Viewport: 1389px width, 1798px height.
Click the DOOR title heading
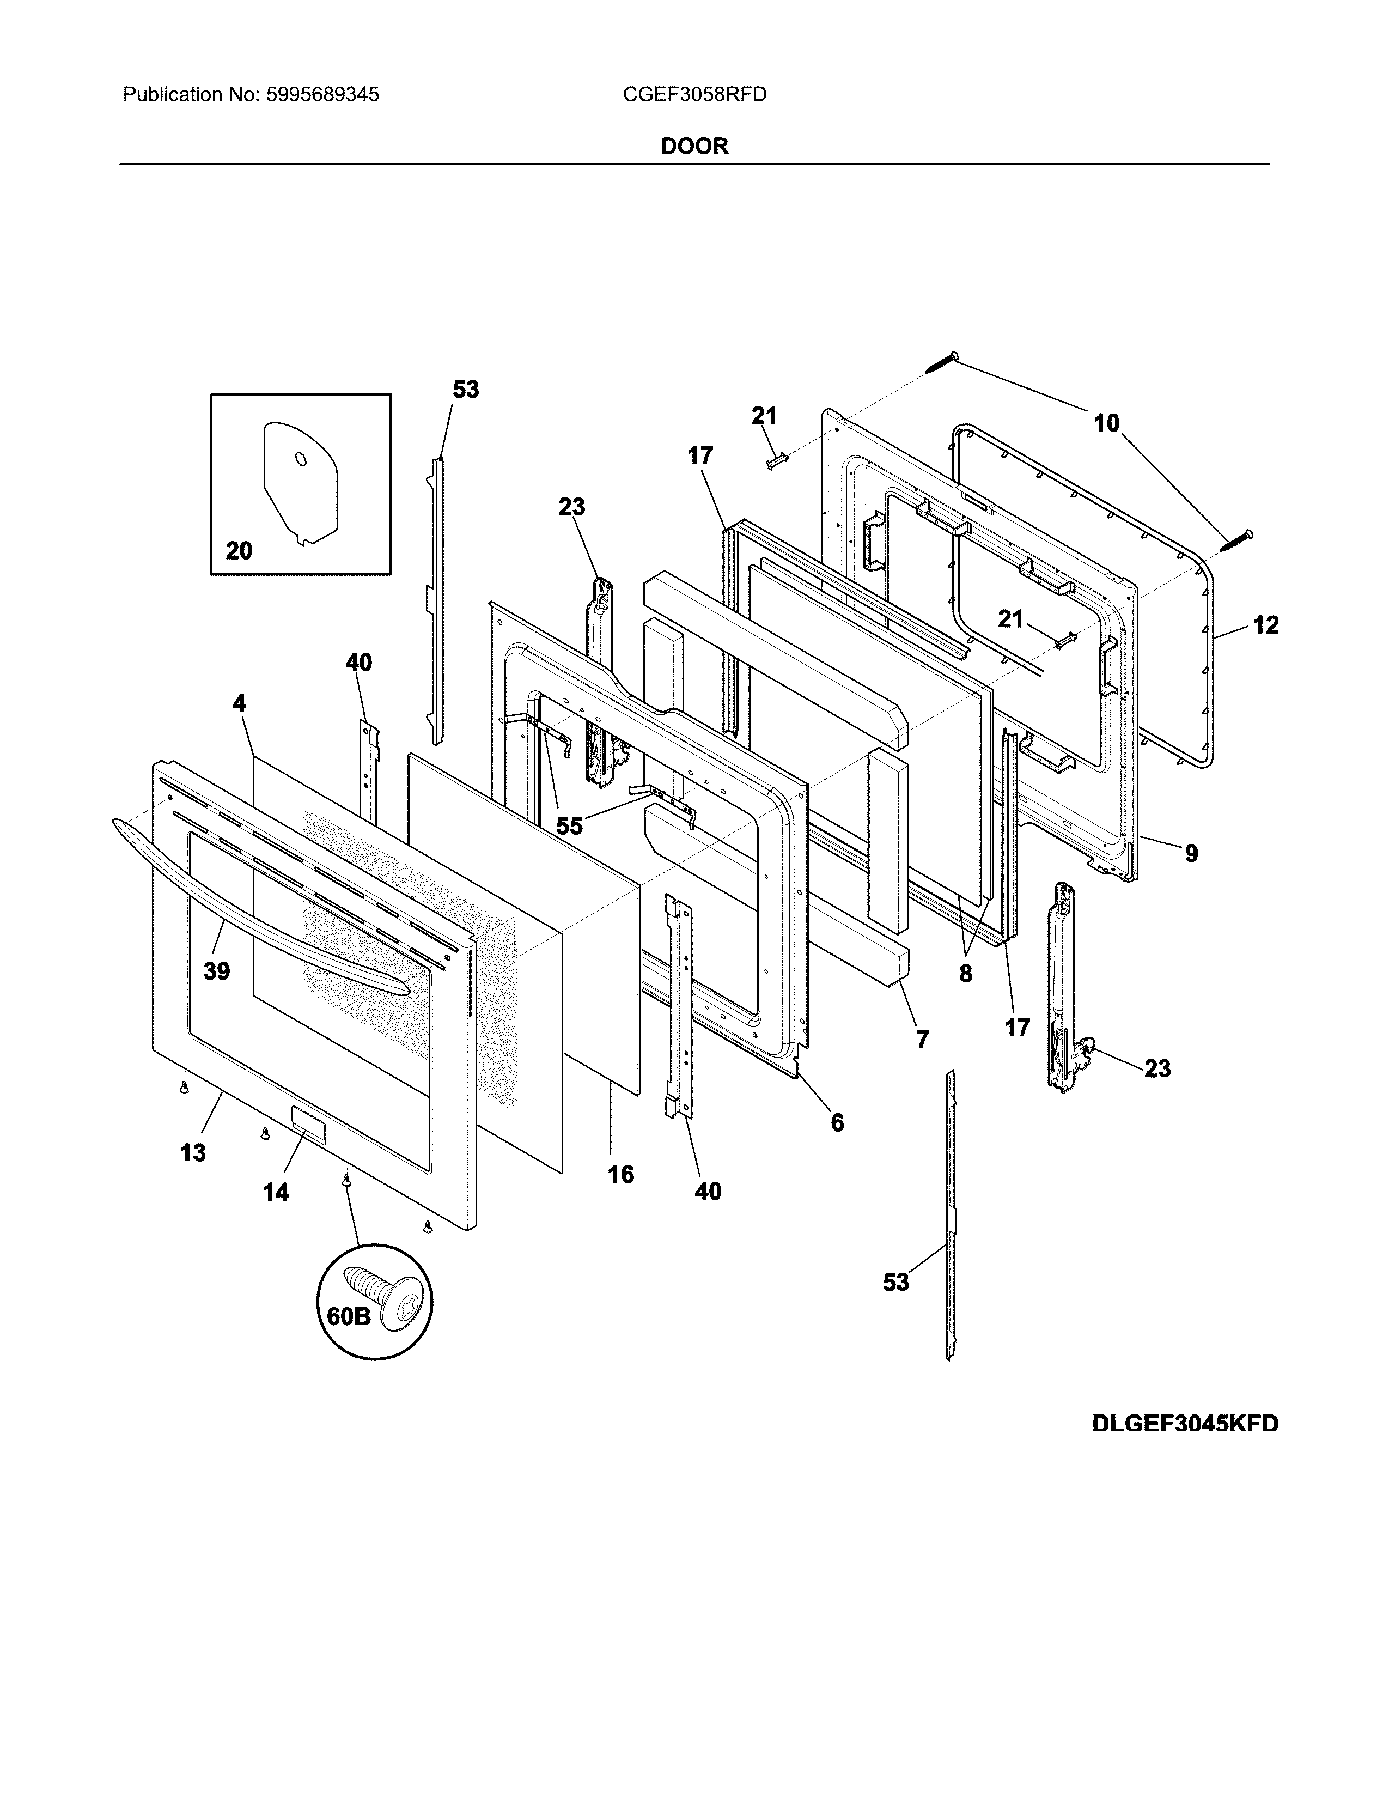pos(694,147)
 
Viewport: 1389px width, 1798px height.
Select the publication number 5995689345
pos(322,95)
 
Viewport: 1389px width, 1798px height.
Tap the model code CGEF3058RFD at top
pos(694,95)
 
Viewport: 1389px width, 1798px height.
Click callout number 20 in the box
pos(239,551)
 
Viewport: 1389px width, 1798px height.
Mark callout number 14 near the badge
pos(276,1192)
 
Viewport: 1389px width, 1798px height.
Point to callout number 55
pos(569,826)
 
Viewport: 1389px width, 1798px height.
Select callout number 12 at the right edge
pos(1265,625)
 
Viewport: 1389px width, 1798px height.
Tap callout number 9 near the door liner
pos(1191,854)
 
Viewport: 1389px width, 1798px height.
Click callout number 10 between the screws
pos(1106,423)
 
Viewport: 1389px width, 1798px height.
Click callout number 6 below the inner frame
pos(837,1122)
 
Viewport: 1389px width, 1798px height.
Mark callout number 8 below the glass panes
pos(965,974)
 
